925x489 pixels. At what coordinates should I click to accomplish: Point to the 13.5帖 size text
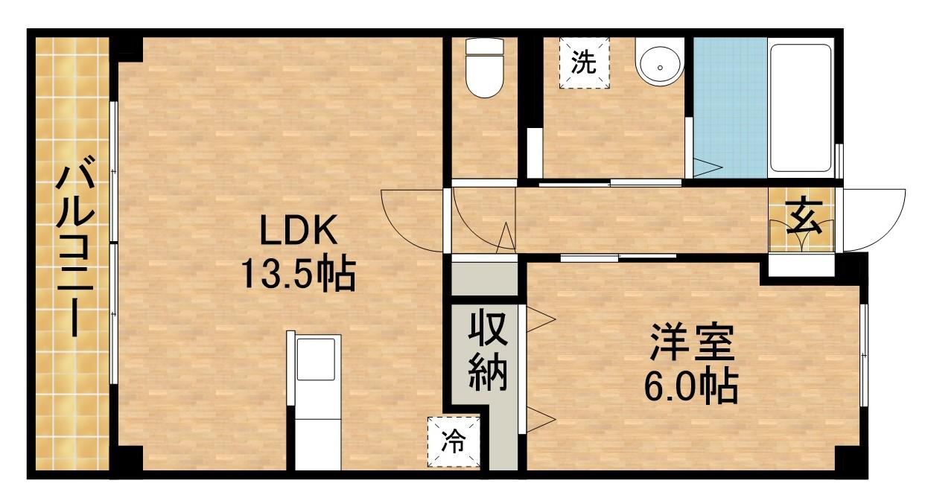[x=296, y=273]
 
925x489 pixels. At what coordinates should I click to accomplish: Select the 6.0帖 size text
[x=692, y=386]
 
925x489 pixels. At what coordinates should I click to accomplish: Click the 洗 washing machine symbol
[x=584, y=62]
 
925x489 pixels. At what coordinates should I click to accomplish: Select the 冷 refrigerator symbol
[x=452, y=442]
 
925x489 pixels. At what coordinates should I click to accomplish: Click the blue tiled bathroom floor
[x=730, y=104]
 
